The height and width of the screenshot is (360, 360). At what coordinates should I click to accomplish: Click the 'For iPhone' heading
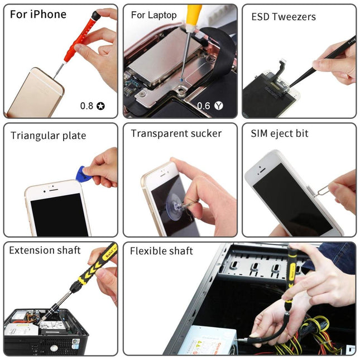pos(38,14)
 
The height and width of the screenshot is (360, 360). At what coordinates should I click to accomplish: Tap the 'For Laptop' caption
pos(153,15)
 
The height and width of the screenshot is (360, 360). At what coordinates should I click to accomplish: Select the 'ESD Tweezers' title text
pos(283,17)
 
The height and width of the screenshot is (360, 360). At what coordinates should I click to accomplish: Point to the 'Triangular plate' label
pos(48,136)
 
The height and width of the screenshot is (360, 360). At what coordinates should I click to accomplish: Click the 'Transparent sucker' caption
pos(176,133)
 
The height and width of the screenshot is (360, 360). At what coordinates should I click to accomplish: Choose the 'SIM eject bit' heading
pos(279,133)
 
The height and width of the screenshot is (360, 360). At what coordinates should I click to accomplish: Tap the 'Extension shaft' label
pos(45,250)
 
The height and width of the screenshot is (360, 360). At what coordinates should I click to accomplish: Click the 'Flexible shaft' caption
pos(161,251)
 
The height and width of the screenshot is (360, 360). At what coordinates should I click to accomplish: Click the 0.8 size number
pos(87,105)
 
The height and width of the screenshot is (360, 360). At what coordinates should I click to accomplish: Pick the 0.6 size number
pos(203,105)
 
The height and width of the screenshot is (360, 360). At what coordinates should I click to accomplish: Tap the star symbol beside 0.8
pos(100,105)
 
